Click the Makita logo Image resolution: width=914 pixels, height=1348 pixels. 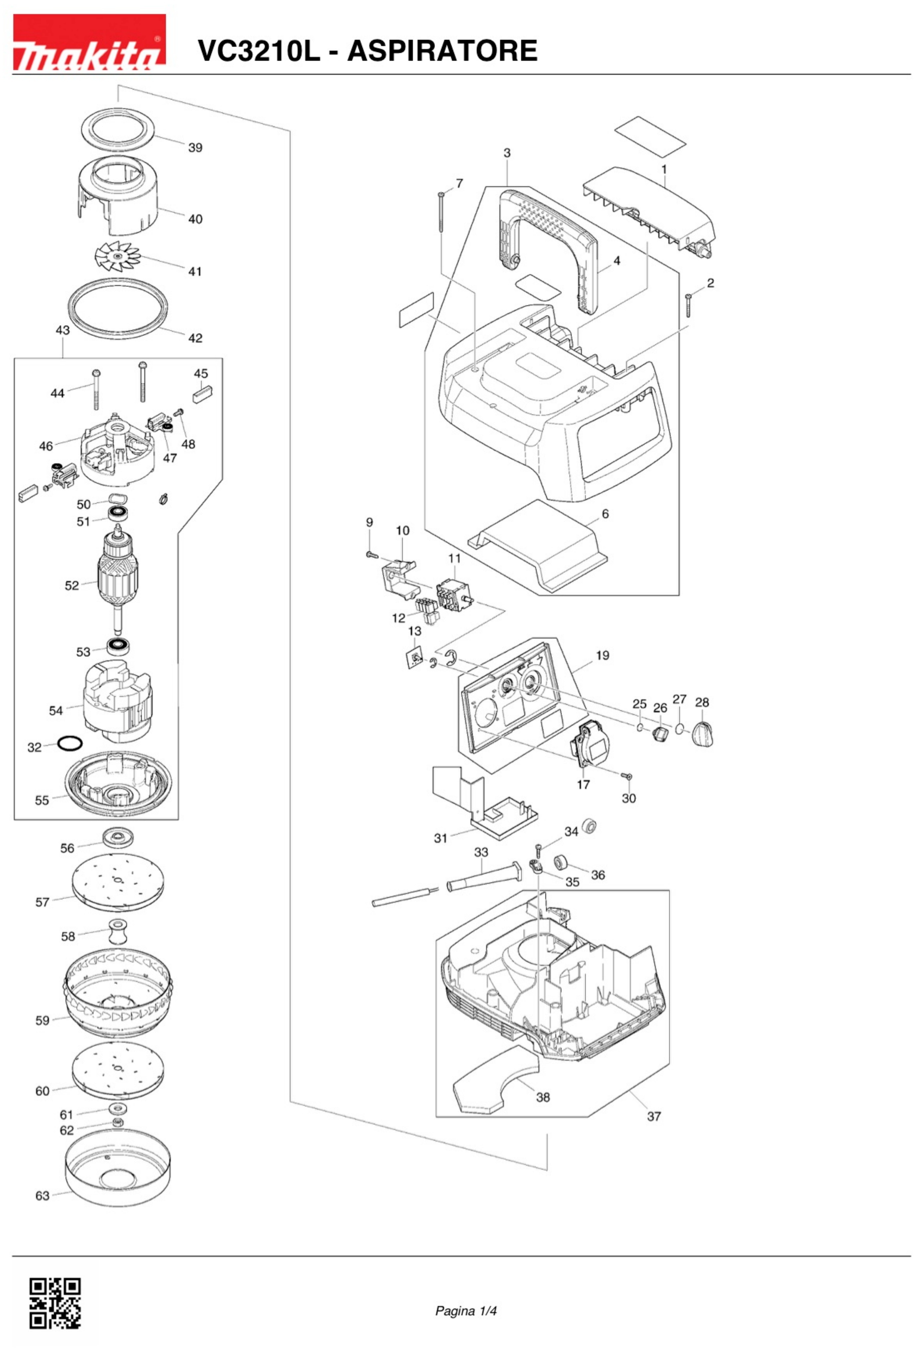coord(89,43)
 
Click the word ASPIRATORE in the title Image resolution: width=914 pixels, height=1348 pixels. coord(442,51)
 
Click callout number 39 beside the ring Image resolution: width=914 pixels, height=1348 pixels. coord(195,148)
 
